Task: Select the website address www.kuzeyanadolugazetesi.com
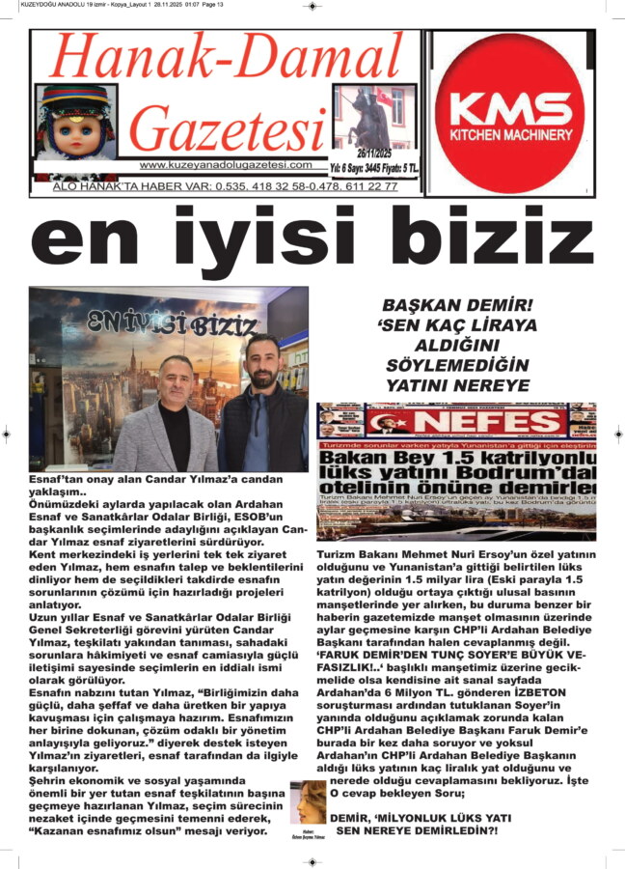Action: tap(226, 165)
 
